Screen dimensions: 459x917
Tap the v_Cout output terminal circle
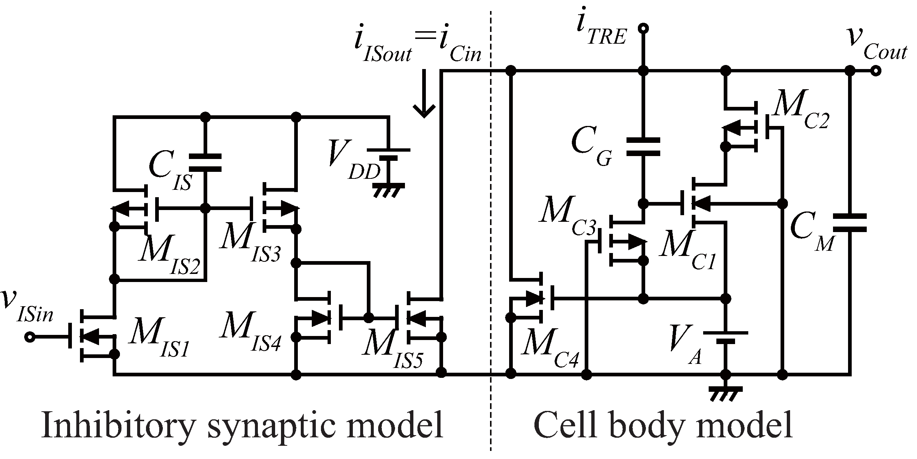click(875, 71)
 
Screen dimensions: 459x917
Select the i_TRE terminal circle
click(643, 28)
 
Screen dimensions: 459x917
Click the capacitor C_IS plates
click(205, 163)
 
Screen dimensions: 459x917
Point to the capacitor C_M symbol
click(850, 223)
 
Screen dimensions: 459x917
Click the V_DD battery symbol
click(388, 154)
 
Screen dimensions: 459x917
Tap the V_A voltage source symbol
click(725, 337)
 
